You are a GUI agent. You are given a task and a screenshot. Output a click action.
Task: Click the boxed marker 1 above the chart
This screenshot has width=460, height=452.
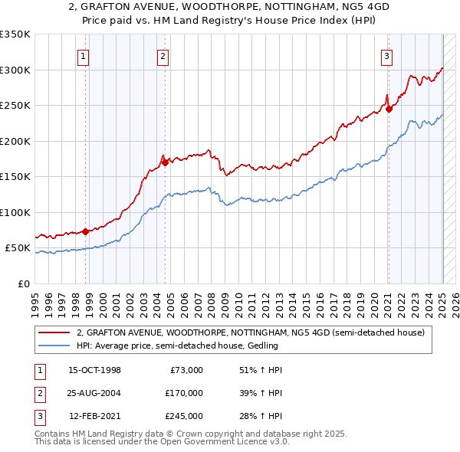82,55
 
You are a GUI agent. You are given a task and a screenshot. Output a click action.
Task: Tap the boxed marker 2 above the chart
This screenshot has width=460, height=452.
163,55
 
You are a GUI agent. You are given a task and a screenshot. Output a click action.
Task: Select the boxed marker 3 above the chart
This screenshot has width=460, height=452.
387,55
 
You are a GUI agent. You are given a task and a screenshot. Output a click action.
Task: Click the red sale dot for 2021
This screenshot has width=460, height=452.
389,109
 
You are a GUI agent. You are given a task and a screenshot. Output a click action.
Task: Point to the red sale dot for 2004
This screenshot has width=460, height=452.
165,162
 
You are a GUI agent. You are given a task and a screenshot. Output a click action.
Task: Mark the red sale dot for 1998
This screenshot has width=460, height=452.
85,231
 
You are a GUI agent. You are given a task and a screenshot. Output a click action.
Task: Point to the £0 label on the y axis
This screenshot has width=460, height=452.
22,283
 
